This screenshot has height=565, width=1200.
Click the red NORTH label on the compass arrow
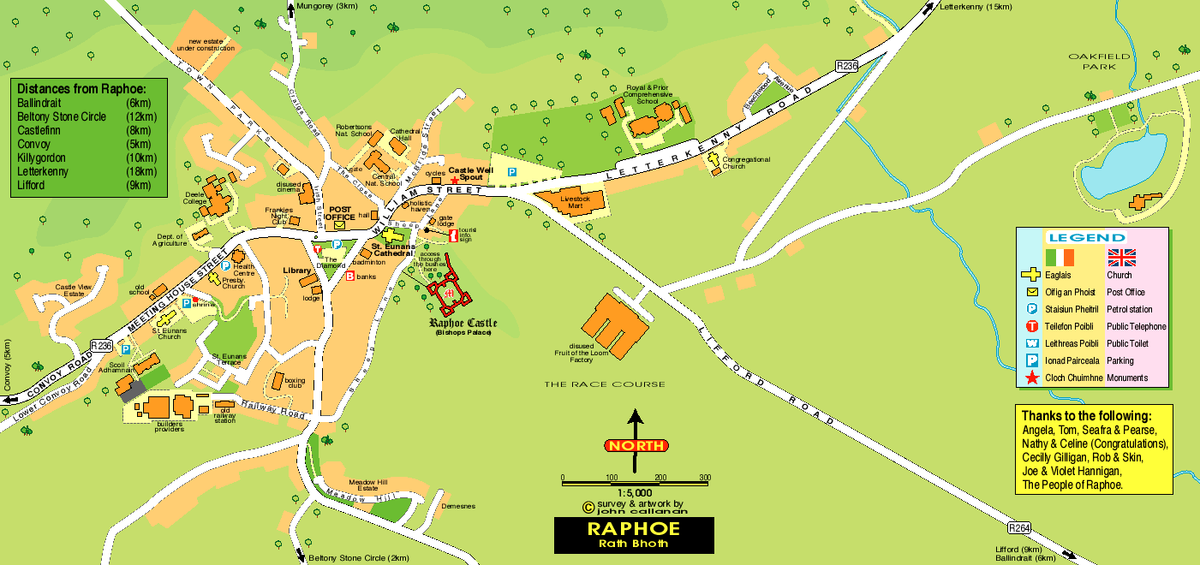636,446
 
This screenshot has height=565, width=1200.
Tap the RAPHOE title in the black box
633,528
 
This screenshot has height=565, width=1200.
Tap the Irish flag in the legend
1060,258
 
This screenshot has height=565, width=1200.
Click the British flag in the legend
1121,258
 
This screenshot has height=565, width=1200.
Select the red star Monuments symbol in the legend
1033,378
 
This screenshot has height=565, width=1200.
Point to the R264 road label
1019,527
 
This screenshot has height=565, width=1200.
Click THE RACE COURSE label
604,384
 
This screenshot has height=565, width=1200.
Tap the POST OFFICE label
341,213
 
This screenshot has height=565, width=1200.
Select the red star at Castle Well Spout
454,180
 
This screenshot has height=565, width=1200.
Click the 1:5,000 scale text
635,493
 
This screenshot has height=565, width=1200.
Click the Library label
297,271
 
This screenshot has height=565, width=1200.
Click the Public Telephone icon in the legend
1033,326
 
